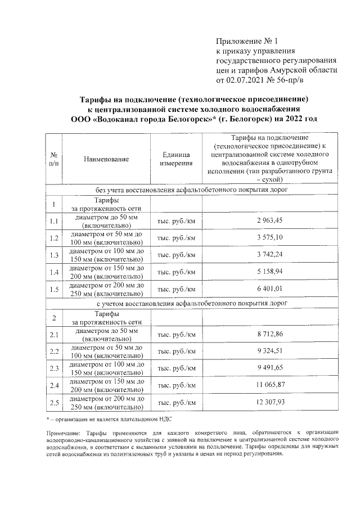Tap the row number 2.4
point(54,385)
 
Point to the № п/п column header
point(54,159)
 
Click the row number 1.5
point(54,290)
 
